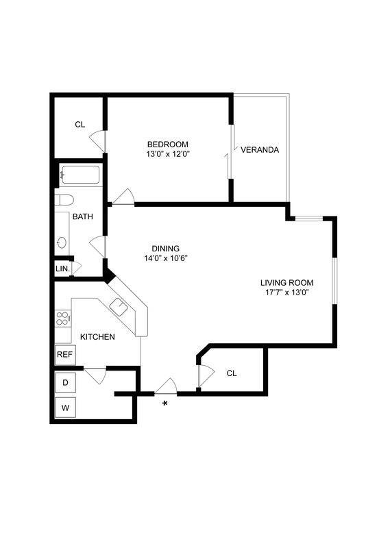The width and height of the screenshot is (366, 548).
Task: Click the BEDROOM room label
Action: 167,144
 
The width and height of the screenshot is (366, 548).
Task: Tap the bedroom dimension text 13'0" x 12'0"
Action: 167,154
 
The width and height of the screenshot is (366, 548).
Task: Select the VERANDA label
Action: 260,150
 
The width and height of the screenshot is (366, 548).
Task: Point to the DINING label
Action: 166,248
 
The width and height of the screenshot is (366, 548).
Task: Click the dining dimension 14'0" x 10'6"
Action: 166,258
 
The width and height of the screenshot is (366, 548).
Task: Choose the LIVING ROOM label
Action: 286,282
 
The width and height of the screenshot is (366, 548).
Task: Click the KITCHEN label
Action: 97,337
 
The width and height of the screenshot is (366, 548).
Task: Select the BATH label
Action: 84,217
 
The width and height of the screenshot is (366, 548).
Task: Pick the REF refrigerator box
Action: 64,355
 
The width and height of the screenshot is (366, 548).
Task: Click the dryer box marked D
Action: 65,383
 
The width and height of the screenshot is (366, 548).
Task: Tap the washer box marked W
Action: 65,408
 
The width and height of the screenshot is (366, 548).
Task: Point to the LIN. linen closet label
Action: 62,269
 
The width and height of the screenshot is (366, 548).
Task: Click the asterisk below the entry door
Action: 164,404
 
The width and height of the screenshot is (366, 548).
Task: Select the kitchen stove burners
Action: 62,318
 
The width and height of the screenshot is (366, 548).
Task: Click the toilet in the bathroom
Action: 64,200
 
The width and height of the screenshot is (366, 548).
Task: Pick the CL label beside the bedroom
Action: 80,124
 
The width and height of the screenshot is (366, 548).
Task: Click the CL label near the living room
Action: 232,373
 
